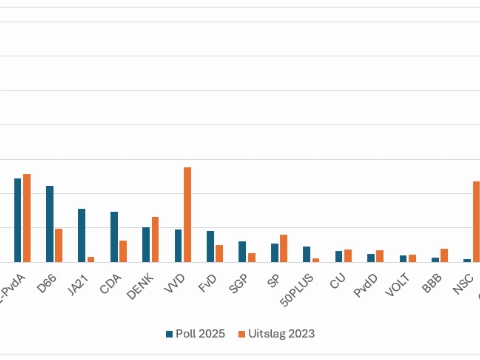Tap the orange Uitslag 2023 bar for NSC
[476, 221]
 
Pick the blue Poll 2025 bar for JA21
[82, 235]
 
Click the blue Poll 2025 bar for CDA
[114, 237]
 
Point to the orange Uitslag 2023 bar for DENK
[155, 239]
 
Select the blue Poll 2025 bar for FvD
[210, 246]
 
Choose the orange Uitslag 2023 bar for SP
[283, 248]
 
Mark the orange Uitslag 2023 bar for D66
[59, 245]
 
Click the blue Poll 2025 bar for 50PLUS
[306, 254]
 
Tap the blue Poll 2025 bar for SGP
[242, 251]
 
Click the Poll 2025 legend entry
[196, 333]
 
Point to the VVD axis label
[174, 288]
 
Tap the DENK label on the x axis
[140, 289]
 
